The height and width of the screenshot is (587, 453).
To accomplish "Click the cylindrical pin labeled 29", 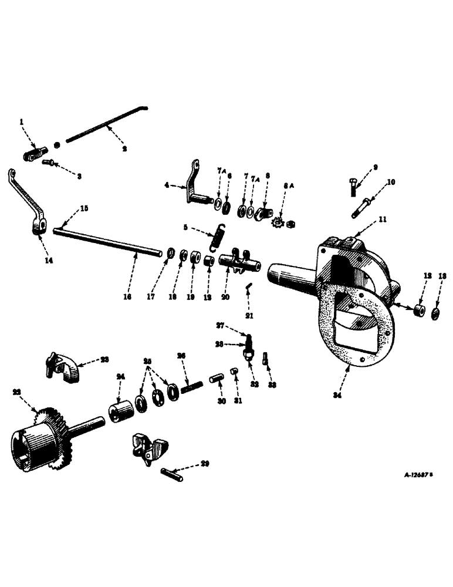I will point(171,473).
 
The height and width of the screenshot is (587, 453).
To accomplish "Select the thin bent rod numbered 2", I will point(106,124).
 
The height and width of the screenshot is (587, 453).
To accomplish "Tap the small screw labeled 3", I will point(47,163).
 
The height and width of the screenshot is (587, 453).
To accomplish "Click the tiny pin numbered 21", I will point(248,285).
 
